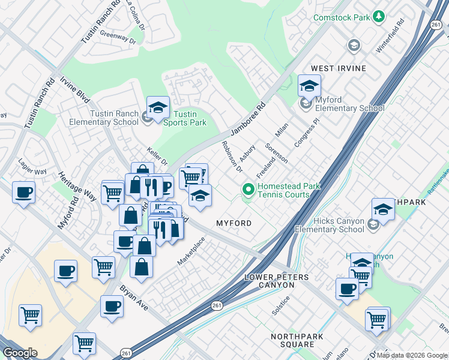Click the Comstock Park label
coord(342,17)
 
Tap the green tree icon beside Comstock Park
coord(379,16)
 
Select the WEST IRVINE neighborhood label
coord(338,68)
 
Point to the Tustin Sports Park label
coord(185,118)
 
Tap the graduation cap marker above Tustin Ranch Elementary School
coord(158,107)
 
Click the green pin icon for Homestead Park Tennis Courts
coord(248,190)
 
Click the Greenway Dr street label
coord(119,38)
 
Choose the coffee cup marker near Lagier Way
coord(23,193)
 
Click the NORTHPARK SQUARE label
coord(292,341)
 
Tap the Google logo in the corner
coord(20,353)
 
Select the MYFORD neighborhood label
coord(234,223)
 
